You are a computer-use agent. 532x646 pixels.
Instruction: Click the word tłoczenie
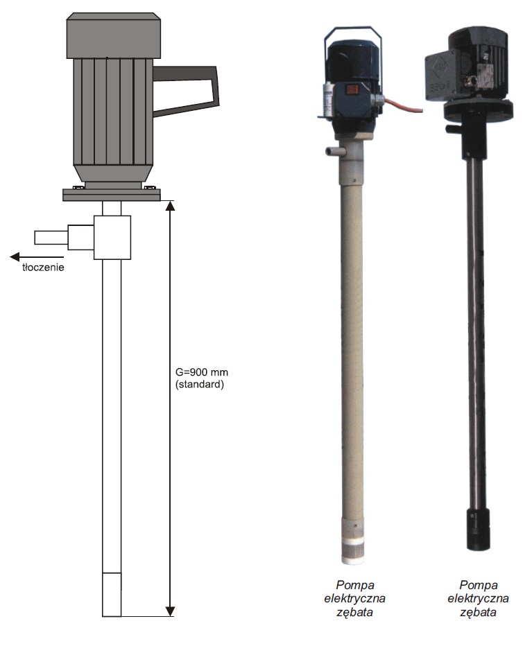(x=43, y=268)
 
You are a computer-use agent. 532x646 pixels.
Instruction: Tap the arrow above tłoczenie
(x=37, y=256)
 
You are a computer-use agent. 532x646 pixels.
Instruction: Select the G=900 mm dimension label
(x=202, y=372)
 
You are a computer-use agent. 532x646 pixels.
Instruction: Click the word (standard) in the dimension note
(x=200, y=385)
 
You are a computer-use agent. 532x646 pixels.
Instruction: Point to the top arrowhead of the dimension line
(x=170, y=206)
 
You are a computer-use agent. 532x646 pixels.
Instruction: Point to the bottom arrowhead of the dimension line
(x=170, y=611)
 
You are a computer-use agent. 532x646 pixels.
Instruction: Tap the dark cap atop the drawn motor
(x=114, y=35)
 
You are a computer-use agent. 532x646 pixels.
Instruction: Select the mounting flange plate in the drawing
(x=112, y=195)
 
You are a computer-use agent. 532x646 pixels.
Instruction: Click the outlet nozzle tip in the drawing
(x=51, y=238)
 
